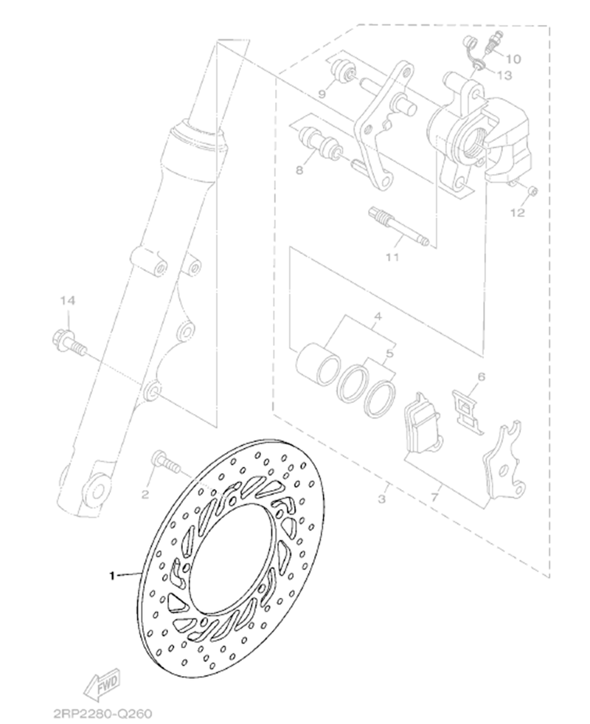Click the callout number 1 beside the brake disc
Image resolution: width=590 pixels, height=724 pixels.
click(111, 576)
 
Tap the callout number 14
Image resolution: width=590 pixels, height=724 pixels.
click(67, 300)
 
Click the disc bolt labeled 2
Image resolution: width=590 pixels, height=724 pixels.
click(166, 462)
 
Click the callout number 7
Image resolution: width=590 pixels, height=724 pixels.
click(434, 497)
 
